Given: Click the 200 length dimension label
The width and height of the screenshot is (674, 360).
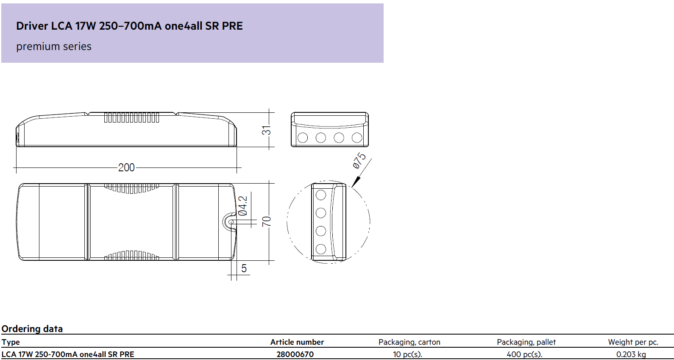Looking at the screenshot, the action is (126, 167).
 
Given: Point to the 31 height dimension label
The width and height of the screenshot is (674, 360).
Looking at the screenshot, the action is (266, 130).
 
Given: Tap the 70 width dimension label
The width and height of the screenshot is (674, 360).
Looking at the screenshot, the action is (266, 221).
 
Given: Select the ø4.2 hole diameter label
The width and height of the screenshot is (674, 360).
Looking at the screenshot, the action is (243, 206).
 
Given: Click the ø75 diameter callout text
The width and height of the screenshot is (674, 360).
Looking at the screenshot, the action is (359, 161).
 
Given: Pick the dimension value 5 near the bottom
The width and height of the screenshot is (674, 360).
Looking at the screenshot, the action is (244, 268).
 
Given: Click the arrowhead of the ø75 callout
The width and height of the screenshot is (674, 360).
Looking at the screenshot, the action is (356, 182).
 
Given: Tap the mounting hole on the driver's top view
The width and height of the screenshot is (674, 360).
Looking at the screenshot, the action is (231, 223).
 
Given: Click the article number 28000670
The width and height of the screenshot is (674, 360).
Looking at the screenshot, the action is (295, 354).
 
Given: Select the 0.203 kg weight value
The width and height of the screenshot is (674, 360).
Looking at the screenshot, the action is (631, 354).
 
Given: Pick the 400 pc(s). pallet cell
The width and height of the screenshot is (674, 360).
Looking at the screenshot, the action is (524, 354).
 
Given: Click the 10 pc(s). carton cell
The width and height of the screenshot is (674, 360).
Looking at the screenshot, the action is (407, 354).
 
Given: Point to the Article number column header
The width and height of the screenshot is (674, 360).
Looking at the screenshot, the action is (297, 342).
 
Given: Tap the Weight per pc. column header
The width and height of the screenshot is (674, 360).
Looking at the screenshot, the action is (633, 342).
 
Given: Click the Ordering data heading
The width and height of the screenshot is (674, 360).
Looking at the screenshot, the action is (32, 329).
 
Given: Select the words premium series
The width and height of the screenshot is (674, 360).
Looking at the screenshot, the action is (54, 47).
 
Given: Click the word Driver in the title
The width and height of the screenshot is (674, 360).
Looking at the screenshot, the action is (32, 26).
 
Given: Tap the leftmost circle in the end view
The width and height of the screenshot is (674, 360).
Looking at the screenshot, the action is (303, 138).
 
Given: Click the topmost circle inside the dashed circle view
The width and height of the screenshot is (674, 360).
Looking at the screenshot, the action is (321, 195).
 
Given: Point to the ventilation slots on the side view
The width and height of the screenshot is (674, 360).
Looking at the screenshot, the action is (131, 118).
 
